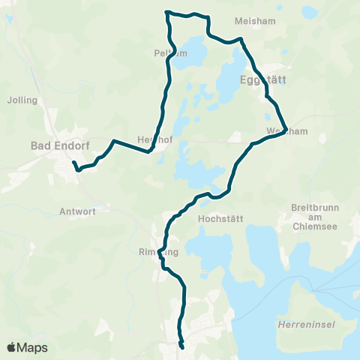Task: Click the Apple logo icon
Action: pos(11,347)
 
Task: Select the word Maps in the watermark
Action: pos(33,347)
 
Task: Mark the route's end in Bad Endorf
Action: pos(73,162)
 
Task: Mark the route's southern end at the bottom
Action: pos(182,347)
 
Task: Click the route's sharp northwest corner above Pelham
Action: pos(166,12)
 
